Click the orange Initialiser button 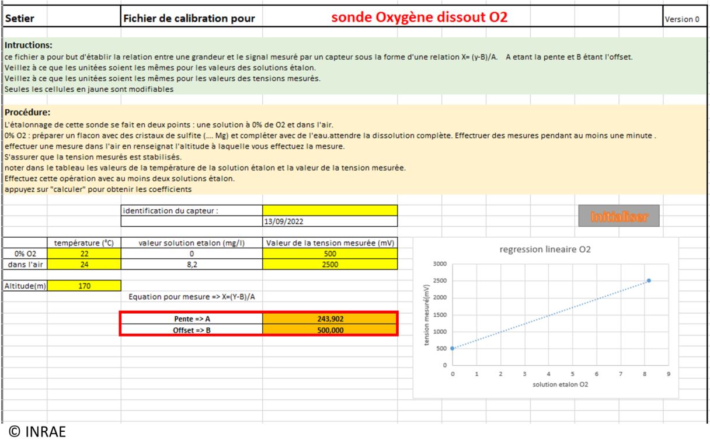[x=618, y=216]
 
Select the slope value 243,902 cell [x=330, y=318]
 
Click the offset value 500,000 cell [x=330, y=330]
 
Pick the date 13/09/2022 [x=283, y=222]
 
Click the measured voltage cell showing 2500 [x=330, y=264]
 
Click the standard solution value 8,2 [x=192, y=264]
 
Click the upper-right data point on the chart [x=649, y=280]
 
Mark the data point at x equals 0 [x=452, y=348]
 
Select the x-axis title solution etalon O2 [x=561, y=386]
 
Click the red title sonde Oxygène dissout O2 [x=419, y=18]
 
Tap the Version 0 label [x=682, y=19]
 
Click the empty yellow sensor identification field [x=330, y=210]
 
